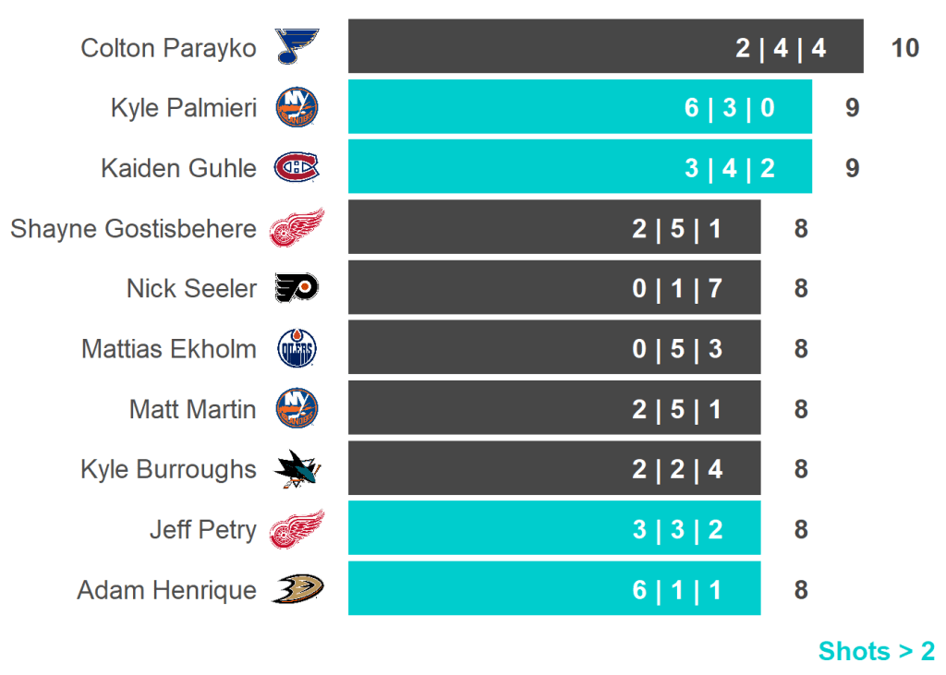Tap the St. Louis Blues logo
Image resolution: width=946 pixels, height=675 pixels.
(297, 46)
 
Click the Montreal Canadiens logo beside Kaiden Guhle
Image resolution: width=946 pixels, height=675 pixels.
(297, 167)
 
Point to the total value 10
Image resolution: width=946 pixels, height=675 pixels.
(905, 48)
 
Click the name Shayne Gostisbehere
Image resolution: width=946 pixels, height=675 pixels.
(133, 228)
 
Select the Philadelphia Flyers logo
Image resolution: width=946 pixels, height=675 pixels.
(297, 288)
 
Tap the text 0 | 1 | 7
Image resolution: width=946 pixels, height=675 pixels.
(677, 289)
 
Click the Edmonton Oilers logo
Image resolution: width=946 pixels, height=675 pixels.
(297, 349)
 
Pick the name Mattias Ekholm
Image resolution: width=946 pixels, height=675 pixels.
(169, 349)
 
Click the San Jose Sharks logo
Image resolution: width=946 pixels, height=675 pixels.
(297, 470)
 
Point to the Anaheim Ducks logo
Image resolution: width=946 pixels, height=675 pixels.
(297, 589)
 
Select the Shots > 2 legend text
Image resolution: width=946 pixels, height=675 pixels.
(876, 651)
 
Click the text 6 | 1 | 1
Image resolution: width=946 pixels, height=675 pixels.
(677, 590)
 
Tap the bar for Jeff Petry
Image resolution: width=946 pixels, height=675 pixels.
(554, 529)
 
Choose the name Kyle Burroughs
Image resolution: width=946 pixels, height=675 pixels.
(168, 469)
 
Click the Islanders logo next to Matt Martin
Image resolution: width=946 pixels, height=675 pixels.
(297, 409)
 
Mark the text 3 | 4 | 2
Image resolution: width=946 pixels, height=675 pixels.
(729, 168)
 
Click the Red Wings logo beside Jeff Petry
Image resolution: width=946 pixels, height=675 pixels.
(297, 529)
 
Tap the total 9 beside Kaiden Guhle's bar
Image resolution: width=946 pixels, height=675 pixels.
(852, 168)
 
